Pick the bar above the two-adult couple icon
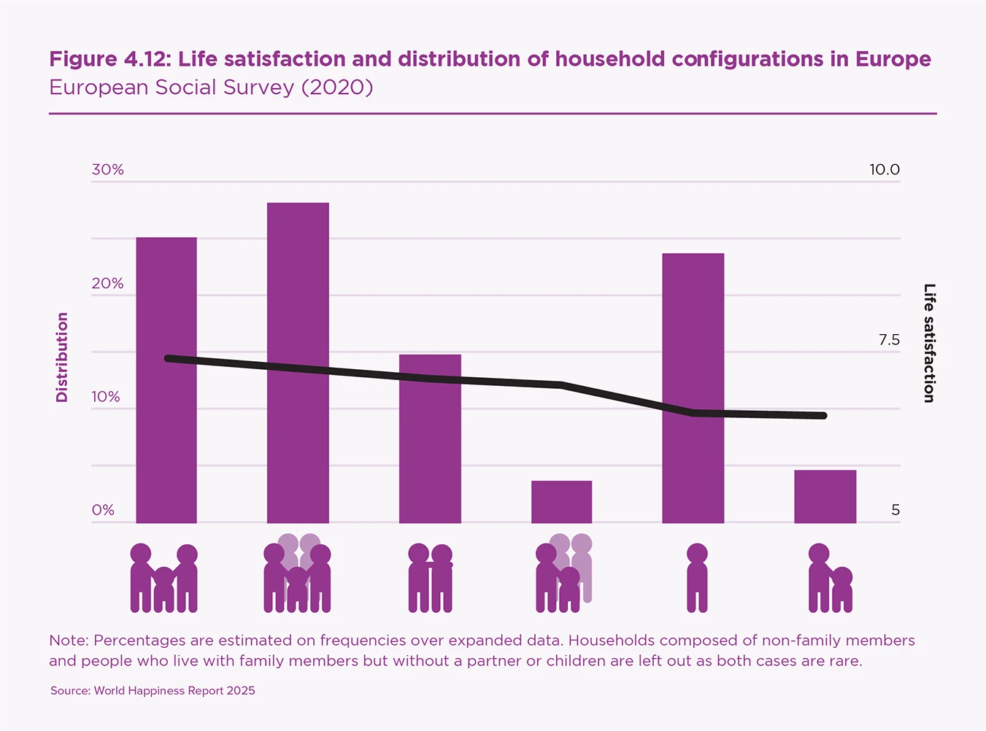pos(430,438)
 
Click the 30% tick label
pos(107,169)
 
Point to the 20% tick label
pos(107,283)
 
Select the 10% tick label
pos(106,397)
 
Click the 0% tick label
pos(103,510)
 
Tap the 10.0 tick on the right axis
pos(884,169)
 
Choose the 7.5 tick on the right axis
pos(889,340)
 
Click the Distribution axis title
pos(62,357)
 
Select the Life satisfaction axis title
pos(929,343)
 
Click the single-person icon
pos(697,577)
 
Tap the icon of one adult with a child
pos(830,578)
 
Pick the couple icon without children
pos(431,578)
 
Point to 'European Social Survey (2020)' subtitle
pos(211,88)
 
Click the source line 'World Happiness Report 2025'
pos(174,690)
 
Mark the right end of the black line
pos(823,416)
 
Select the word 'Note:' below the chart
pos(69,641)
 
